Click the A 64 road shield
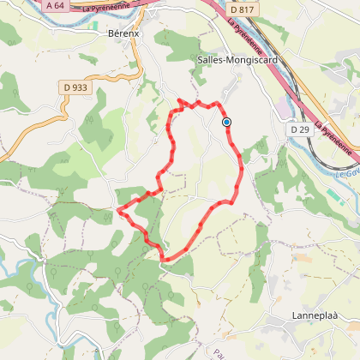point(56,6)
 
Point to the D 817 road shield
point(242,10)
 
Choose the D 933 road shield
point(75,87)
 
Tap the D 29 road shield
point(299,129)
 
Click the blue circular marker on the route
point(227,123)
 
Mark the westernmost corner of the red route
point(117,207)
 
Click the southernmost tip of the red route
point(164,259)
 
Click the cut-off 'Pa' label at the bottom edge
point(219,353)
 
